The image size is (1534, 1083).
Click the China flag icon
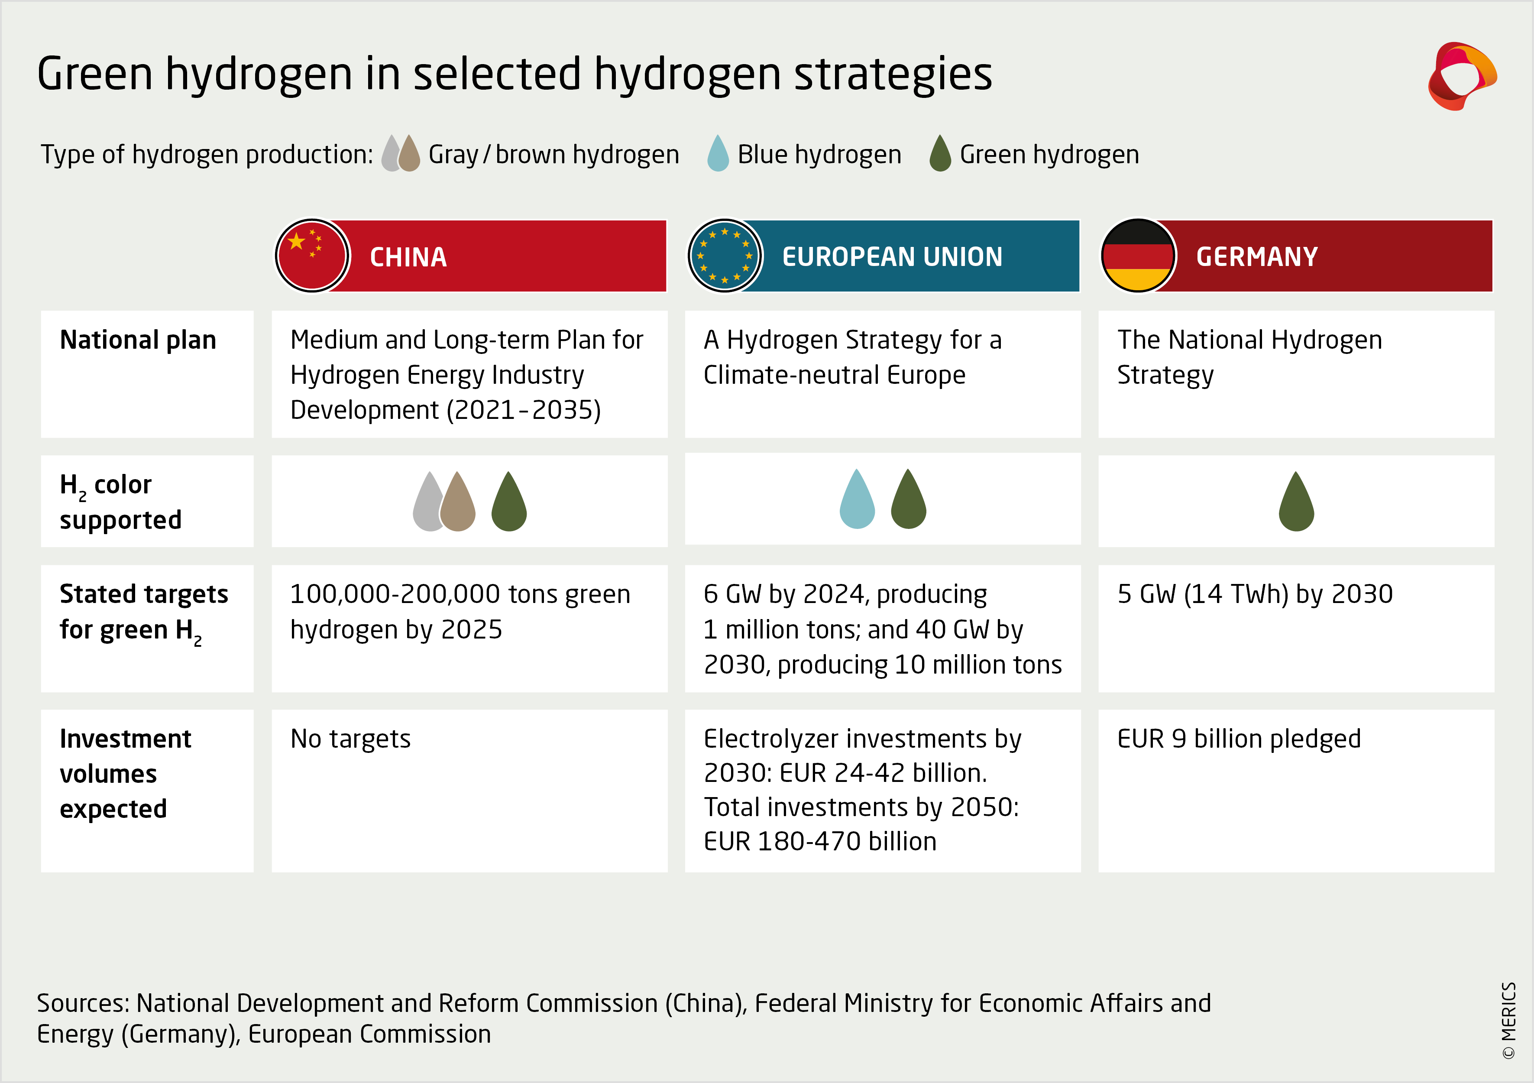point(312,256)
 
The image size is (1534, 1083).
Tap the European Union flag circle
point(725,256)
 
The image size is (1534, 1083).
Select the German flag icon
point(1138,256)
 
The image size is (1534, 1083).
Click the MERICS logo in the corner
point(1462,75)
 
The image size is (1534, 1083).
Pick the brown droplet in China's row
point(458,501)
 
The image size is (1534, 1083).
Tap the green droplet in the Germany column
point(1296,501)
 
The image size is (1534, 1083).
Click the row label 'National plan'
point(138,340)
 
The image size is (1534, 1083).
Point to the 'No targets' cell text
point(350,739)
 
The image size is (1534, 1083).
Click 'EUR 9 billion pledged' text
point(1239,739)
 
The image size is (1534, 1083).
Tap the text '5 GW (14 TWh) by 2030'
point(1255,594)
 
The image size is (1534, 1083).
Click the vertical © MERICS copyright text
point(1508,1020)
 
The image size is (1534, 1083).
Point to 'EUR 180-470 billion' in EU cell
point(820,841)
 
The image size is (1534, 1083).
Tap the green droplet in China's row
point(509,501)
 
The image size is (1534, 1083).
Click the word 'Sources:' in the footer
point(84,1003)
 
